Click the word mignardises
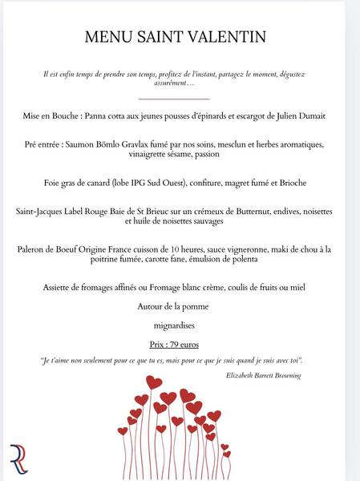pyautogui.click(x=174, y=325)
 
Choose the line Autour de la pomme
pyautogui.click(x=174, y=306)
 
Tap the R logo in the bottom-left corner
pyautogui.click(x=18, y=458)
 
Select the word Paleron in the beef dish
pyautogui.click(x=35, y=249)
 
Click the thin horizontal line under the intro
pyautogui.click(x=174, y=99)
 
